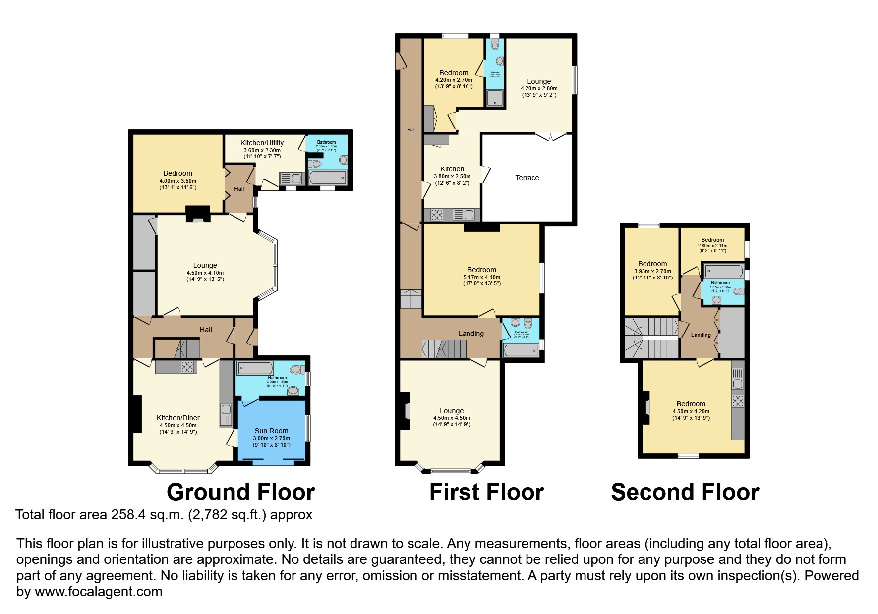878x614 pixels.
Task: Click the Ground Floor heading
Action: click(x=240, y=492)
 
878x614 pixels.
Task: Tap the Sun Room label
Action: click(x=271, y=431)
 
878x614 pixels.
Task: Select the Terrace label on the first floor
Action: click(x=527, y=178)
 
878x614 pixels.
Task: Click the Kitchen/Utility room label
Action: click(x=262, y=143)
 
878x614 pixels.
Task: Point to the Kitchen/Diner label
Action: click(x=178, y=418)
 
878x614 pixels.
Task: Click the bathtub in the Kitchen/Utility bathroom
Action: click(x=328, y=177)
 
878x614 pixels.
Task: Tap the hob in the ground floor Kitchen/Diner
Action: click(x=188, y=367)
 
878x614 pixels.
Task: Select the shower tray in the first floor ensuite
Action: click(x=494, y=98)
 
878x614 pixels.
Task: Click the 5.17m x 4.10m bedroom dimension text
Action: click(x=481, y=277)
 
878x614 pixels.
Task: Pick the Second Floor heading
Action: click(x=685, y=492)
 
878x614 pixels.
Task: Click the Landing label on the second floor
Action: click(x=701, y=335)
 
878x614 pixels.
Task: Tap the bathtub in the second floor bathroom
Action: click(x=724, y=271)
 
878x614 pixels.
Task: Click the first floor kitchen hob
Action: click(x=437, y=215)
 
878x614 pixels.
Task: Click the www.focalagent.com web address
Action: click(x=98, y=592)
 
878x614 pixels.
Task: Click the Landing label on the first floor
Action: click(x=470, y=334)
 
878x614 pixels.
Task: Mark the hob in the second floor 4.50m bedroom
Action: click(x=738, y=401)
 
